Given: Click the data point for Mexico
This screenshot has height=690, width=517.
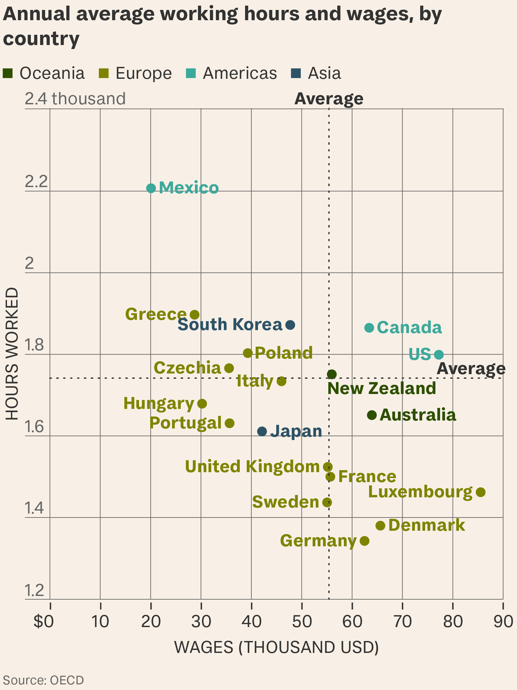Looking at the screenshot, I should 151,188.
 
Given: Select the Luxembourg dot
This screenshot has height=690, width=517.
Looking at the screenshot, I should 481,492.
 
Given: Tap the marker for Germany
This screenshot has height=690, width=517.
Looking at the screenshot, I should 364,541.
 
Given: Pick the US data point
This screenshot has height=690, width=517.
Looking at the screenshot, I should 439,355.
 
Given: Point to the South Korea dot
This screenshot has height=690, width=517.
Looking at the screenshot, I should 290,325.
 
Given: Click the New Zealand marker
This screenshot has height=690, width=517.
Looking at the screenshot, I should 332,374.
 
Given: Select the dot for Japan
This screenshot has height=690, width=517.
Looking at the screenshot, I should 262,431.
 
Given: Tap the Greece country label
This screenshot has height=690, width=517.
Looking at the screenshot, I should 156,314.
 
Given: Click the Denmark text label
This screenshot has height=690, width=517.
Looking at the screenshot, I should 426,525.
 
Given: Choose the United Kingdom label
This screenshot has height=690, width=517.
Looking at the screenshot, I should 252,467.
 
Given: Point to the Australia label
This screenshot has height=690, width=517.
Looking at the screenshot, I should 418,415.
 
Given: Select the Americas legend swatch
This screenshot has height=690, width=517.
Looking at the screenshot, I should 191,73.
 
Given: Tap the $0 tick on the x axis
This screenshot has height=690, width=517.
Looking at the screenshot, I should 44,621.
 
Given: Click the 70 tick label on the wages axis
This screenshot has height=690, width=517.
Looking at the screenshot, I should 402,621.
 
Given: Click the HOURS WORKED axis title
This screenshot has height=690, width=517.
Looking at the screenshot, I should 12,354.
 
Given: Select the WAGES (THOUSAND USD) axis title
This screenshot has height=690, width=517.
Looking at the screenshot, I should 276,647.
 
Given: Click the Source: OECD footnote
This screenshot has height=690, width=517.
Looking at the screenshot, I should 43,680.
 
